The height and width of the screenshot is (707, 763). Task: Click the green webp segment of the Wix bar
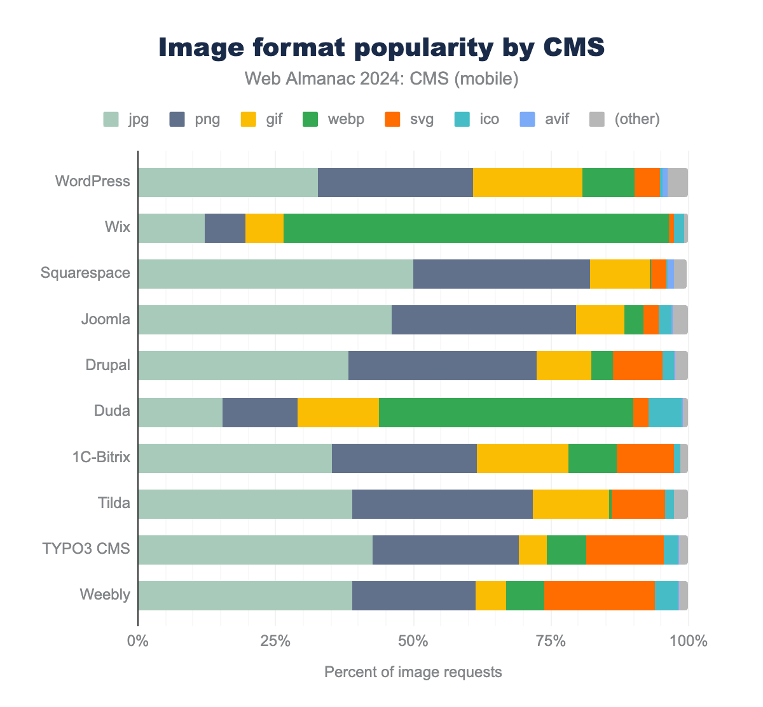pos(476,228)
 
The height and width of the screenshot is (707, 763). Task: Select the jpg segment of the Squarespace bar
pos(275,274)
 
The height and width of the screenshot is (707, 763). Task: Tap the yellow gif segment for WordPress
pos(527,182)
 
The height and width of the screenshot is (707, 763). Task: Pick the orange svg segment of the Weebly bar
pos(599,596)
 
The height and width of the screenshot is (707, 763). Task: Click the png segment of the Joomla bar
pos(483,320)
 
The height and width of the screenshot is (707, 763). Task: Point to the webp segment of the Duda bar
pos(505,412)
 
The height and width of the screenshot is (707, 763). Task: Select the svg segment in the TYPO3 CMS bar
pos(624,550)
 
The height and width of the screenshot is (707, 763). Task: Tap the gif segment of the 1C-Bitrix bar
pos(522,458)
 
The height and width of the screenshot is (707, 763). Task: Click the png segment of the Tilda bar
pos(442,504)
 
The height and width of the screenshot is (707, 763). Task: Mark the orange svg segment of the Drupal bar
pos(637,366)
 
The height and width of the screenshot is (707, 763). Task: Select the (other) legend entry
pos(636,119)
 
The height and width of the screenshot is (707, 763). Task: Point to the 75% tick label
pos(551,641)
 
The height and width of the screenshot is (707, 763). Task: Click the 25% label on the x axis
pos(275,641)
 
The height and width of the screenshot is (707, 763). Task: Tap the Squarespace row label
pos(85,273)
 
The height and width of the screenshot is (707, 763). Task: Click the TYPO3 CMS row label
pos(86,548)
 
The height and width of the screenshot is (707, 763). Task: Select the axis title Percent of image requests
pos(413,672)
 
